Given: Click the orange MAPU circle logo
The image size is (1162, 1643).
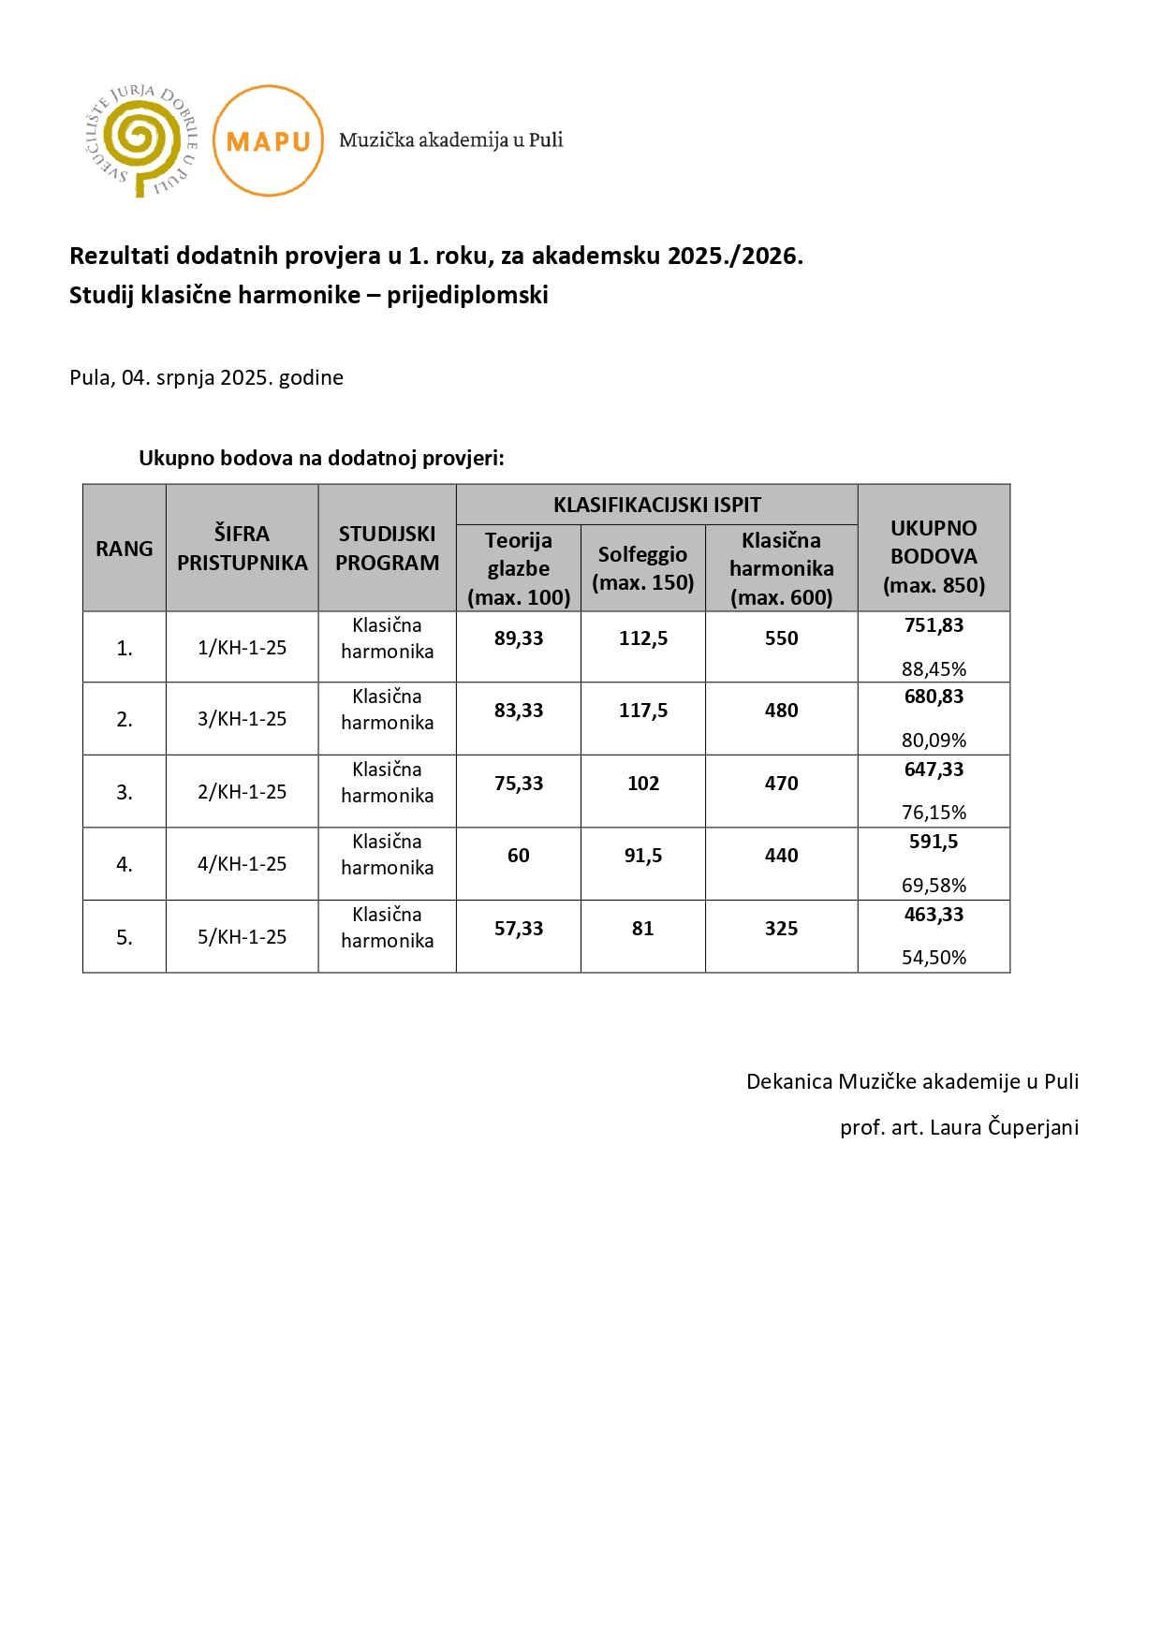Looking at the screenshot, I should click(268, 140).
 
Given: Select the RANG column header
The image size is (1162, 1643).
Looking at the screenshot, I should click(124, 549).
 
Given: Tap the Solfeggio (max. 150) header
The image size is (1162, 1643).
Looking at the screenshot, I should click(642, 568).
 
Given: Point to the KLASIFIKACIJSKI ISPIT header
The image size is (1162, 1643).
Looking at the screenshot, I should click(656, 505).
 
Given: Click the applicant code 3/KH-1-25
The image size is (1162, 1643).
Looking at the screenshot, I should click(242, 719).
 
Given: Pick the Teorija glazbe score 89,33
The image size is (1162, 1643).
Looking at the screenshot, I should click(518, 638).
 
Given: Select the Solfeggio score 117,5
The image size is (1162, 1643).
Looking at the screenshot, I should click(642, 711).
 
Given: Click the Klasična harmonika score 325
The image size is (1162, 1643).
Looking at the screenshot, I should click(781, 929).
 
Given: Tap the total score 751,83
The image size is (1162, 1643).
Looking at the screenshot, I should click(934, 625).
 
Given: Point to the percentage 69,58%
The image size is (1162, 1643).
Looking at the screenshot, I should click(934, 885).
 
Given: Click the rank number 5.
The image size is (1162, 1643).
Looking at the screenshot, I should click(124, 937).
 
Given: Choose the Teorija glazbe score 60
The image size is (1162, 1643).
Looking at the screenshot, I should click(518, 856).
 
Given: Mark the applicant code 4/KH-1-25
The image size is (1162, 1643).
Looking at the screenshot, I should click(242, 864).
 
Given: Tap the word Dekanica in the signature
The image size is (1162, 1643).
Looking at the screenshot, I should click(788, 1081).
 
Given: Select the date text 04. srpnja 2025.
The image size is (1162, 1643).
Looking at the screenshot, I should click(197, 377).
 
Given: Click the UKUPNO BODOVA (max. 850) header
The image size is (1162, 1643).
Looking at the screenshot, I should click(934, 556).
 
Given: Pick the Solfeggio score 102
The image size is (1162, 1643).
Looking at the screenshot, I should click(642, 784).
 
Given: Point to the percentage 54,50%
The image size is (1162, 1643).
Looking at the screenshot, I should click(934, 957).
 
